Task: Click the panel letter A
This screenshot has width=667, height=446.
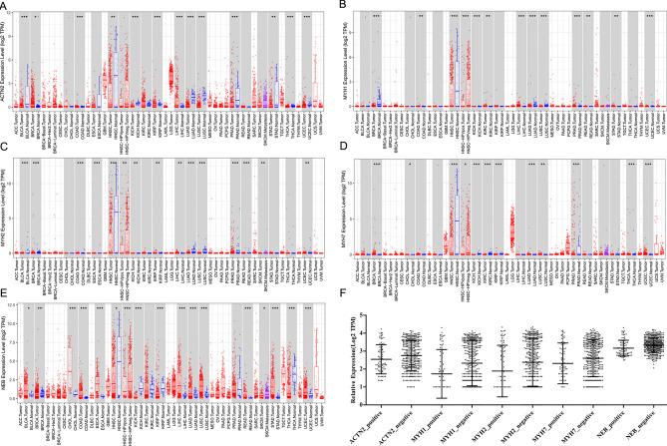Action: pyautogui.click(x=5, y=5)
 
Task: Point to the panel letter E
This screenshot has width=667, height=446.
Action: pyautogui.click(x=5, y=297)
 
